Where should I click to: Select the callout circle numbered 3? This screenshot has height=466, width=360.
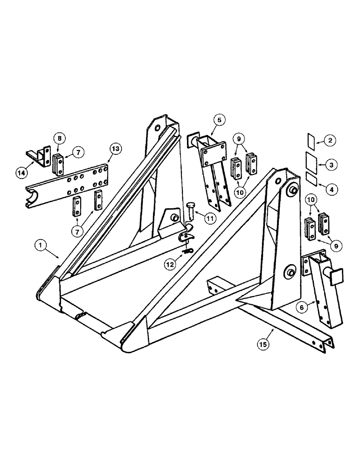[x=331, y=164]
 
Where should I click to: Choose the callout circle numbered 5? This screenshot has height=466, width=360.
[x=220, y=120]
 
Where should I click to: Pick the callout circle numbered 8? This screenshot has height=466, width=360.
[x=60, y=138]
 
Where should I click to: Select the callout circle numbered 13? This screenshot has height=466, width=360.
[x=115, y=149]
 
